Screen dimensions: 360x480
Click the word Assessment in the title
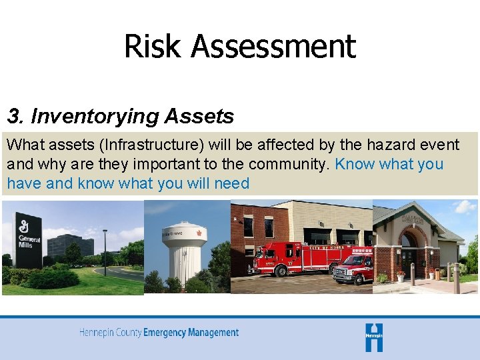coord(273,47)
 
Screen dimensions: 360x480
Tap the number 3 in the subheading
coord(13,117)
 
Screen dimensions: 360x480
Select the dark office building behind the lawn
coord(71,245)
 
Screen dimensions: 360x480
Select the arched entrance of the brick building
coord(409,253)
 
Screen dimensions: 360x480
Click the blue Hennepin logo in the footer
coord(374,337)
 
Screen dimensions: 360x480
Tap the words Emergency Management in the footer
coord(191,332)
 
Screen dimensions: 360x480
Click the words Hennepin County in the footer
coord(111,332)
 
